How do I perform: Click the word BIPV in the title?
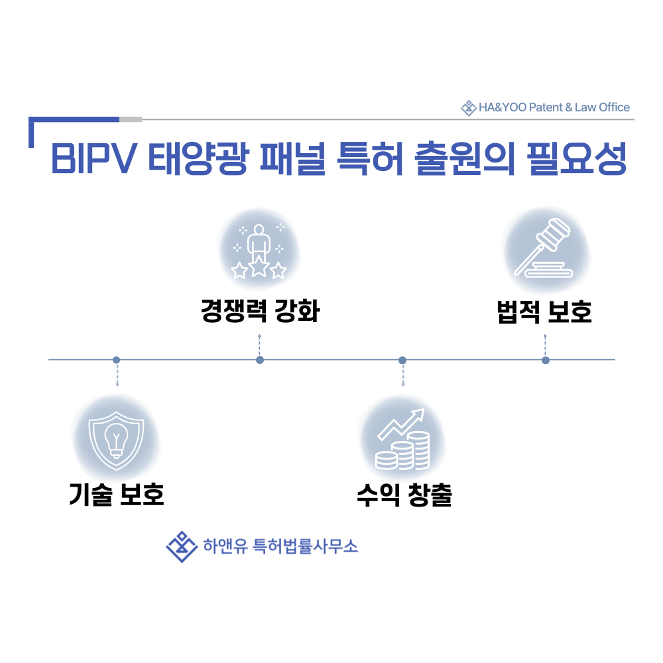tap(94, 158)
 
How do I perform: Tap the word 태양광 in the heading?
tap(198, 158)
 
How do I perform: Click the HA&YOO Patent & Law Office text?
tap(554, 107)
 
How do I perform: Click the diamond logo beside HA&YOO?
tap(469, 108)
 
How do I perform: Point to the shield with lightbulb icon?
tap(116, 440)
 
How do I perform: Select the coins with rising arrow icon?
tap(403, 440)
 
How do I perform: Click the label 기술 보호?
tap(116, 495)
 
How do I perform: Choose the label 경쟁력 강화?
tap(260, 311)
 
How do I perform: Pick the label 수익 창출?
tap(404, 495)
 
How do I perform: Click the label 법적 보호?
tap(544, 312)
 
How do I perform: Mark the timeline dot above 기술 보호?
tap(116, 360)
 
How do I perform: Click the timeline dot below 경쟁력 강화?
tap(260, 360)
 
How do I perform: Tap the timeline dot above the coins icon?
tap(402, 360)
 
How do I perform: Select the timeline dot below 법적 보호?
tap(546, 360)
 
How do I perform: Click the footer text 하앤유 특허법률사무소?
tap(280, 546)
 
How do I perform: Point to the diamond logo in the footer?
tap(182, 547)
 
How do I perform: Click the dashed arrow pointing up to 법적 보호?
tap(546, 345)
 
